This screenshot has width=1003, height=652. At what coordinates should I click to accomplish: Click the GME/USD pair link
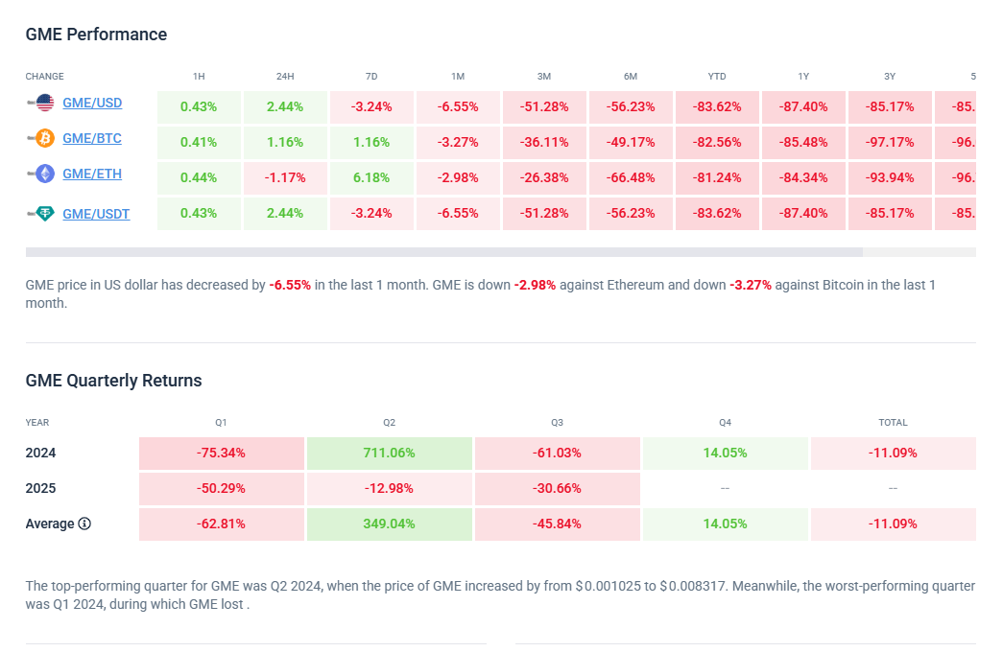[x=92, y=103]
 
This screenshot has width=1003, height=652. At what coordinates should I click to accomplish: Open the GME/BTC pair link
[x=92, y=138]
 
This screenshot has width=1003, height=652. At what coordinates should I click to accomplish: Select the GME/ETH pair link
[x=92, y=174]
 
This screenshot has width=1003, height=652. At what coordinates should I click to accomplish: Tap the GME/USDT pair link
[x=96, y=214]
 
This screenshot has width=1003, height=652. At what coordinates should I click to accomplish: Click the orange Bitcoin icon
[x=44, y=139]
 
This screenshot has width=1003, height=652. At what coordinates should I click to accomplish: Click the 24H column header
[x=285, y=77]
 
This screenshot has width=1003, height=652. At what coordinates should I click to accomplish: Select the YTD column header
[x=717, y=77]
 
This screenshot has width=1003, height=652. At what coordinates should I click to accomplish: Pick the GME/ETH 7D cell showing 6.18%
[x=371, y=178]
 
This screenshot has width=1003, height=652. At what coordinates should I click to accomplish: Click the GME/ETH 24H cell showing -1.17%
[x=285, y=178]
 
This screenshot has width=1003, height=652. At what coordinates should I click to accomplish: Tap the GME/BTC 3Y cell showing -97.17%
[x=890, y=143]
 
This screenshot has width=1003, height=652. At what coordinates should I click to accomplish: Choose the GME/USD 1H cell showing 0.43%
[x=199, y=107]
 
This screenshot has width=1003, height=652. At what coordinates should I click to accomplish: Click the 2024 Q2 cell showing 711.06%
[x=389, y=453]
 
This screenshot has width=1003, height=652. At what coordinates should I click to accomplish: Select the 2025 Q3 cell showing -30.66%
[x=557, y=488]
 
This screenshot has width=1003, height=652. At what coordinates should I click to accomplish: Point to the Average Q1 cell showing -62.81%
[x=221, y=524]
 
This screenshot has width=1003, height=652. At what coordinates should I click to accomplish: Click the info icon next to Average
[x=84, y=524]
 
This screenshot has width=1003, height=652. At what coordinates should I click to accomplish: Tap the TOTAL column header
[x=893, y=422]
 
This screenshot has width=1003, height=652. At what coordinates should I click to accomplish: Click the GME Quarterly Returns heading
[x=113, y=381]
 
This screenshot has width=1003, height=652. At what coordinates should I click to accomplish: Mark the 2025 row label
[x=40, y=488]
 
